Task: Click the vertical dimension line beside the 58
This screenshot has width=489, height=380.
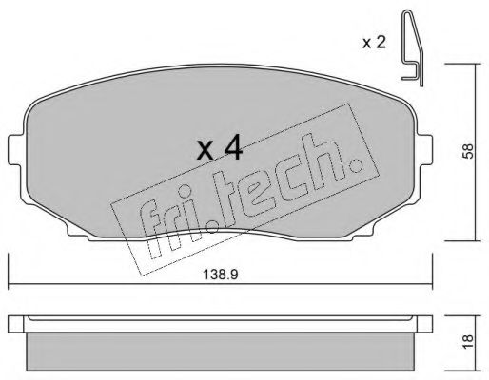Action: (475, 149)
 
